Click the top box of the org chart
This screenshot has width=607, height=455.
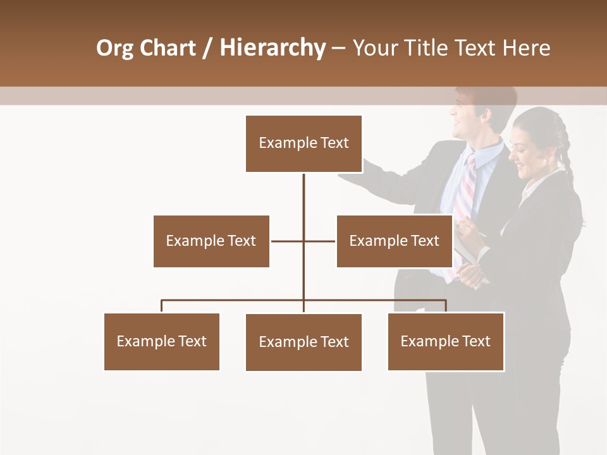click(303, 143)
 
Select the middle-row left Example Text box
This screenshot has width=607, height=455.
click(211, 241)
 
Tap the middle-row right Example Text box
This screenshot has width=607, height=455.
click(394, 241)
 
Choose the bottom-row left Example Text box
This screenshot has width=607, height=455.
click(161, 341)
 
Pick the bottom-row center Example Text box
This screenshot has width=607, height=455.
click(303, 342)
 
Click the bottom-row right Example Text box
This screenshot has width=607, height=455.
click(445, 341)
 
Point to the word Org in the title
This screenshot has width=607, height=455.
click(114, 48)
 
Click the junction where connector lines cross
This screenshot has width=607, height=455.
click(303, 241)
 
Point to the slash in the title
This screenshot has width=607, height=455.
click(207, 48)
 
